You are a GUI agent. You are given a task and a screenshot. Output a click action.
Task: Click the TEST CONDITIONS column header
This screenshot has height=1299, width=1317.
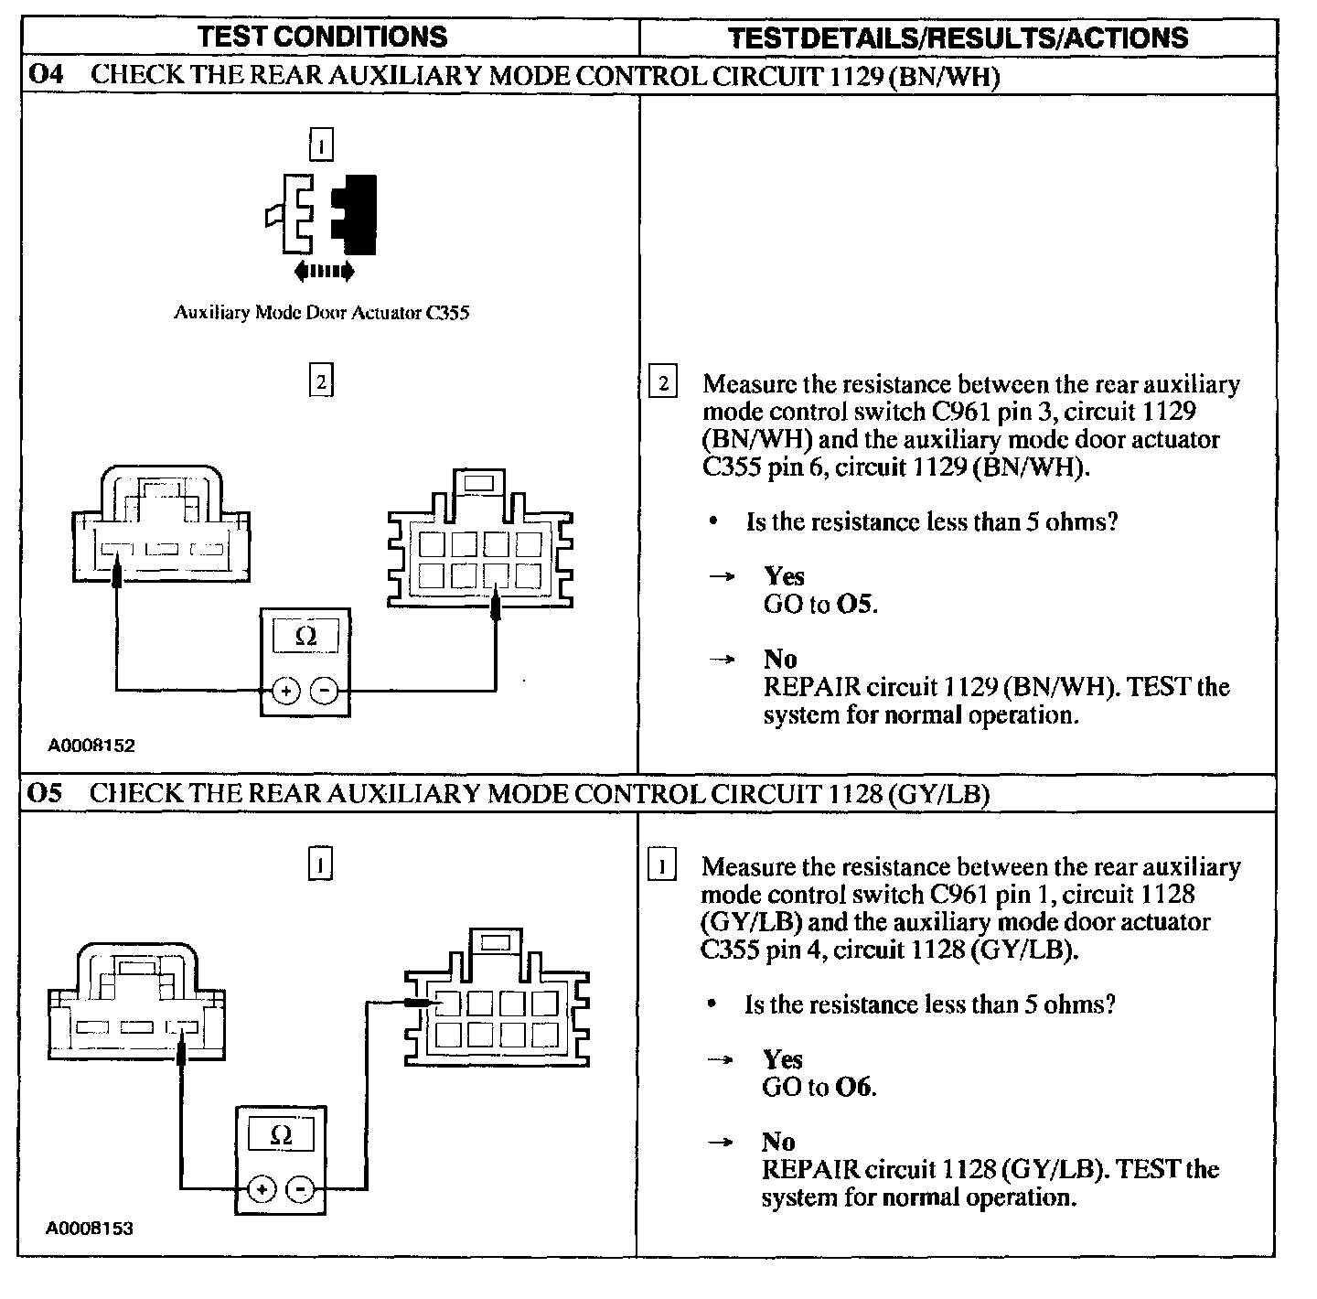coord(323,37)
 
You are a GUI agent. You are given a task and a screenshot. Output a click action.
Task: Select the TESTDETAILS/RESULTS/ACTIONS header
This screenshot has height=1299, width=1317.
coord(958,38)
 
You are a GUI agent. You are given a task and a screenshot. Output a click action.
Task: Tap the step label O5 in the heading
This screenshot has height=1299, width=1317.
coord(46,793)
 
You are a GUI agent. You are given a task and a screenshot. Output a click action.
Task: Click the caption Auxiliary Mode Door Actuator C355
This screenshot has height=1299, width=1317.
coord(322,313)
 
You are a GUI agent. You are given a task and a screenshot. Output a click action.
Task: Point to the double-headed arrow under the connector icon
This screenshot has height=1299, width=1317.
coord(324,271)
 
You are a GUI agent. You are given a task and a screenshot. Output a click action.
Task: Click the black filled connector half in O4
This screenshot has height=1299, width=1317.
coord(357,213)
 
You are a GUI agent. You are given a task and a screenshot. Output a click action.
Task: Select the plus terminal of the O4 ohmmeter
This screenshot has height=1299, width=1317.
coord(286,691)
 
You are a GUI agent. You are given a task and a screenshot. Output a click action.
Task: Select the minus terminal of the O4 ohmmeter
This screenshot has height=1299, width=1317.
coord(325,691)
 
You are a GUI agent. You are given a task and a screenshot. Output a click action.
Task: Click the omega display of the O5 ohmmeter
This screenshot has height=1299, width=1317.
coord(282,1136)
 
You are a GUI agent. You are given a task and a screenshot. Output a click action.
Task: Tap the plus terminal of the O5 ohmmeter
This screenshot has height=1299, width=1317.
coord(262,1188)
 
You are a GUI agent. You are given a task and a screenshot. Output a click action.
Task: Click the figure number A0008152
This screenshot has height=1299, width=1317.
coord(91,746)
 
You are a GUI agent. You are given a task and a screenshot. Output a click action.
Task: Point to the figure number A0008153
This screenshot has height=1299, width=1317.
coord(90,1229)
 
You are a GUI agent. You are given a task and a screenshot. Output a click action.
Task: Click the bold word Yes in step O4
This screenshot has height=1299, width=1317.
coord(784,576)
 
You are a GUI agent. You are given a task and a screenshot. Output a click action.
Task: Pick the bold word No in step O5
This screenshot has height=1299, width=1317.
coord(778,1142)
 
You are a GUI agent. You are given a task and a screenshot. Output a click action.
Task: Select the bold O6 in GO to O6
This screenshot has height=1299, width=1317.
coord(854,1087)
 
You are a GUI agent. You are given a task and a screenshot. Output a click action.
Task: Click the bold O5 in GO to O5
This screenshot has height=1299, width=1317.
coord(856,604)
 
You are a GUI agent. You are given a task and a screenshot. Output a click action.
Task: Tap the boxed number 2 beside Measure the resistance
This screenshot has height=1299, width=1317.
coord(662,382)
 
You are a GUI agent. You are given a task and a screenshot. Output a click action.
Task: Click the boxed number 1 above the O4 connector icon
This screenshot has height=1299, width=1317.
coord(321,146)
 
